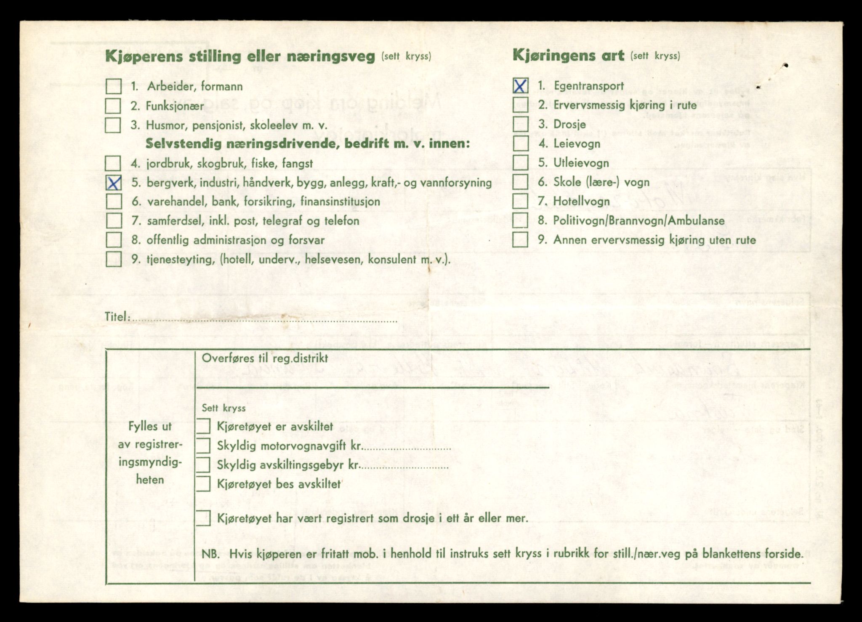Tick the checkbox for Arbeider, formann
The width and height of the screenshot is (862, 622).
click(113, 87)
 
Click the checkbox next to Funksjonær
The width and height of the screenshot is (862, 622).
click(113, 106)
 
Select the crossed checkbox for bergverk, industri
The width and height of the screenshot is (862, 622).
click(113, 183)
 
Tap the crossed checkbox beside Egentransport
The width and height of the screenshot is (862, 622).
click(520, 86)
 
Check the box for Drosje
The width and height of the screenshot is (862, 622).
click(521, 124)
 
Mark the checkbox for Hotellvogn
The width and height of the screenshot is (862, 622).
click(521, 201)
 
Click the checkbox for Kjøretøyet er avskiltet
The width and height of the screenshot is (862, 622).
click(203, 426)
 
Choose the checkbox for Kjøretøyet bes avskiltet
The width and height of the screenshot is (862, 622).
click(203, 484)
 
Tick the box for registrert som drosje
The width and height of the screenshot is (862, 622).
click(203, 518)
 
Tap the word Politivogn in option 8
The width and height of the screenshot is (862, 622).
click(579, 221)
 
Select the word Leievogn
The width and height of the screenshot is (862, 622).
click(577, 144)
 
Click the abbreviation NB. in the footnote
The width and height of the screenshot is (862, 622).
click(211, 553)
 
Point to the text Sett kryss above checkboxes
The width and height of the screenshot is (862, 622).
click(223, 408)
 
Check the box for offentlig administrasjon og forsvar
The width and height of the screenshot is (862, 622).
click(113, 240)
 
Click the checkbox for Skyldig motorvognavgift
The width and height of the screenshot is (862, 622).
click(203, 446)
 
